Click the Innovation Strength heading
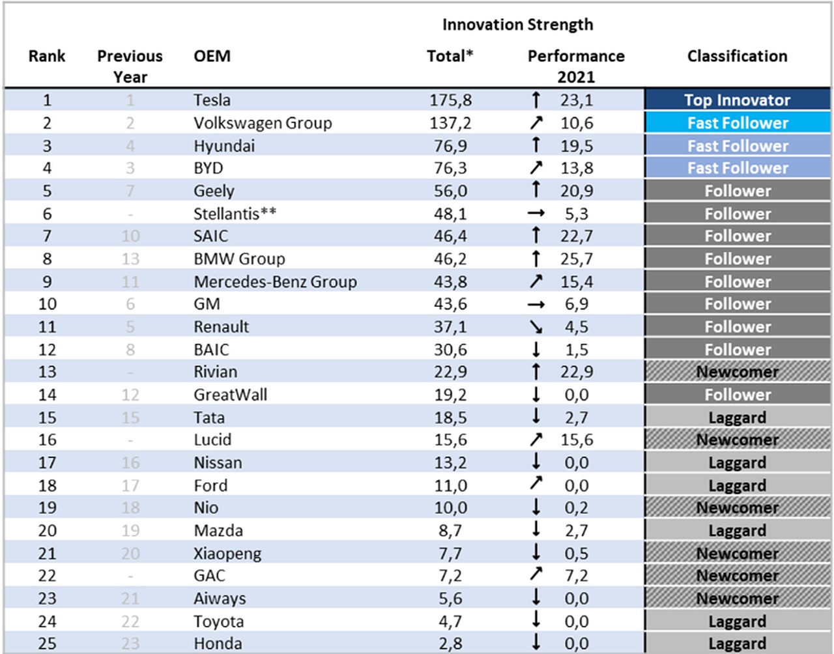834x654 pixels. (x=518, y=25)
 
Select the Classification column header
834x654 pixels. (x=738, y=56)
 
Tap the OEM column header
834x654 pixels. (x=212, y=56)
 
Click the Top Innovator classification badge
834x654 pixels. (x=738, y=100)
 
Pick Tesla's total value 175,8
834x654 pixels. (x=450, y=100)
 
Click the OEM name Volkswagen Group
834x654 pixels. (x=263, y=123)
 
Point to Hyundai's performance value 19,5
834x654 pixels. (x=577, y=146)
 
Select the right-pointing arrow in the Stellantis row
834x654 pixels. (x=536, y=213)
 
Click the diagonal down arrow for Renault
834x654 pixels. (x=536, y=327)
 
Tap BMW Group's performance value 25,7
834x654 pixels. (x=577, y=259)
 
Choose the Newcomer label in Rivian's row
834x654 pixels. (x=738, y=372)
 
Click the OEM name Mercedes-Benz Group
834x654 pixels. (x=275, y=282)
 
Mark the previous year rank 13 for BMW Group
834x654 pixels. (x=130, y=259)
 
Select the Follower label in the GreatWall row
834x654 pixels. (x=738, y=395)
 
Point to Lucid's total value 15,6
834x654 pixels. (x=450, y=440)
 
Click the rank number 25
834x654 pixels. (x=47, y=644)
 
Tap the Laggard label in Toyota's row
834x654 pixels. (x=738, y=621)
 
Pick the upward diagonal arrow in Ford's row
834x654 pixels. (x=536, y=483)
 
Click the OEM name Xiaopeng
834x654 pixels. (x=227, y=554)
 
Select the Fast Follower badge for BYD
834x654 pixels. (x=738, y=168)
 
